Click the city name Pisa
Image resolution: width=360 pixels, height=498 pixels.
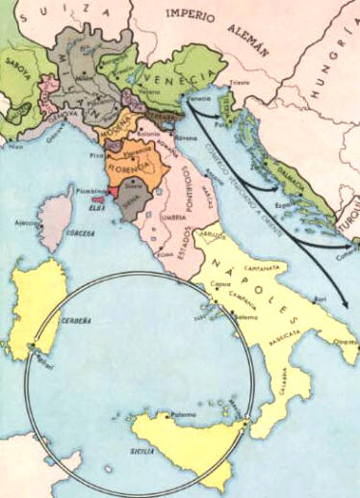93,154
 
